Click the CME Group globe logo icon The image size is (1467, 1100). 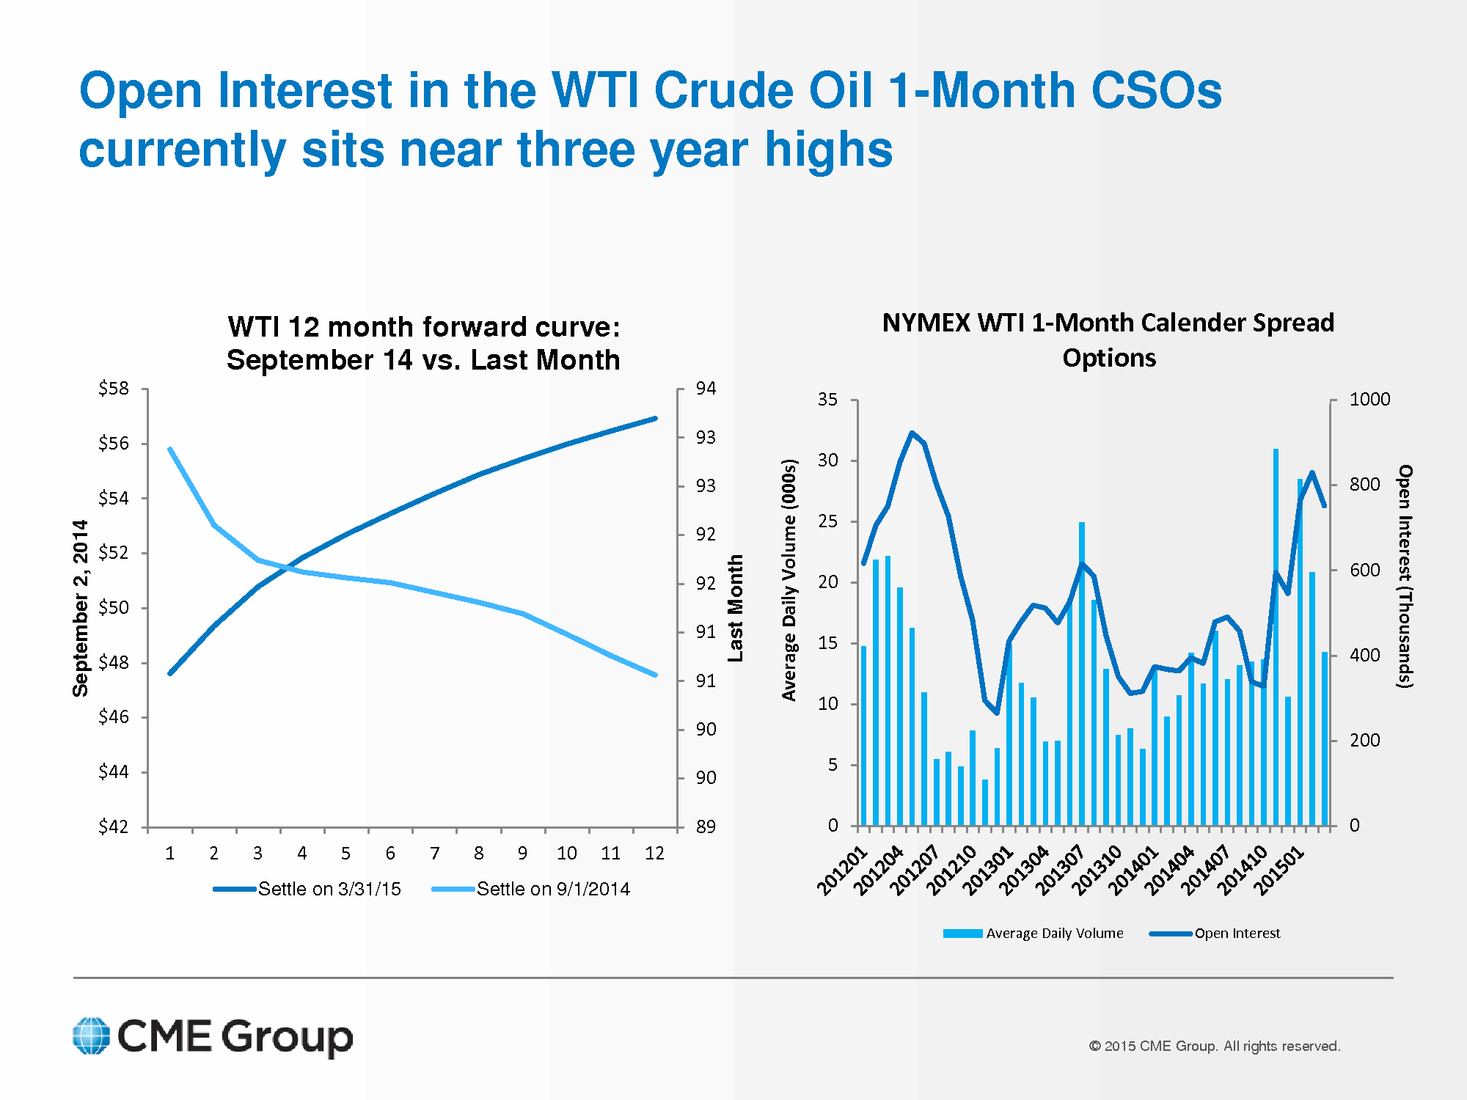click(x=92, y=1035)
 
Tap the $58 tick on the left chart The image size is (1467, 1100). click(x=114, y=389)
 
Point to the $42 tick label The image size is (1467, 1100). click(x=114, y=826)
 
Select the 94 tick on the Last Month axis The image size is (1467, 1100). click(x=706, y=389)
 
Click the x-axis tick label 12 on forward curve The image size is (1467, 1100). click(x=654, y=853)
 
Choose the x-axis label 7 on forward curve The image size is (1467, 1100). click(x=434, y=853)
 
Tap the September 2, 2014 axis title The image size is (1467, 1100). click(x=80, y=608)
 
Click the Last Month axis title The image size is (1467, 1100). click(x=735, y=608)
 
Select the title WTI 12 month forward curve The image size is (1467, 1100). click(x=423, y=343)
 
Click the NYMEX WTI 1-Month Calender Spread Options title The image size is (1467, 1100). click(x=1108, y=340)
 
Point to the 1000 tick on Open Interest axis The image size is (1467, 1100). click(x=1369, y=400)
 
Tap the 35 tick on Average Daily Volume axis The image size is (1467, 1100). click(x=827, y=400)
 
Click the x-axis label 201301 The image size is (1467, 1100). click(x=987, y=870)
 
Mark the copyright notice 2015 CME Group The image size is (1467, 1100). click(x=1214, y=1046)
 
